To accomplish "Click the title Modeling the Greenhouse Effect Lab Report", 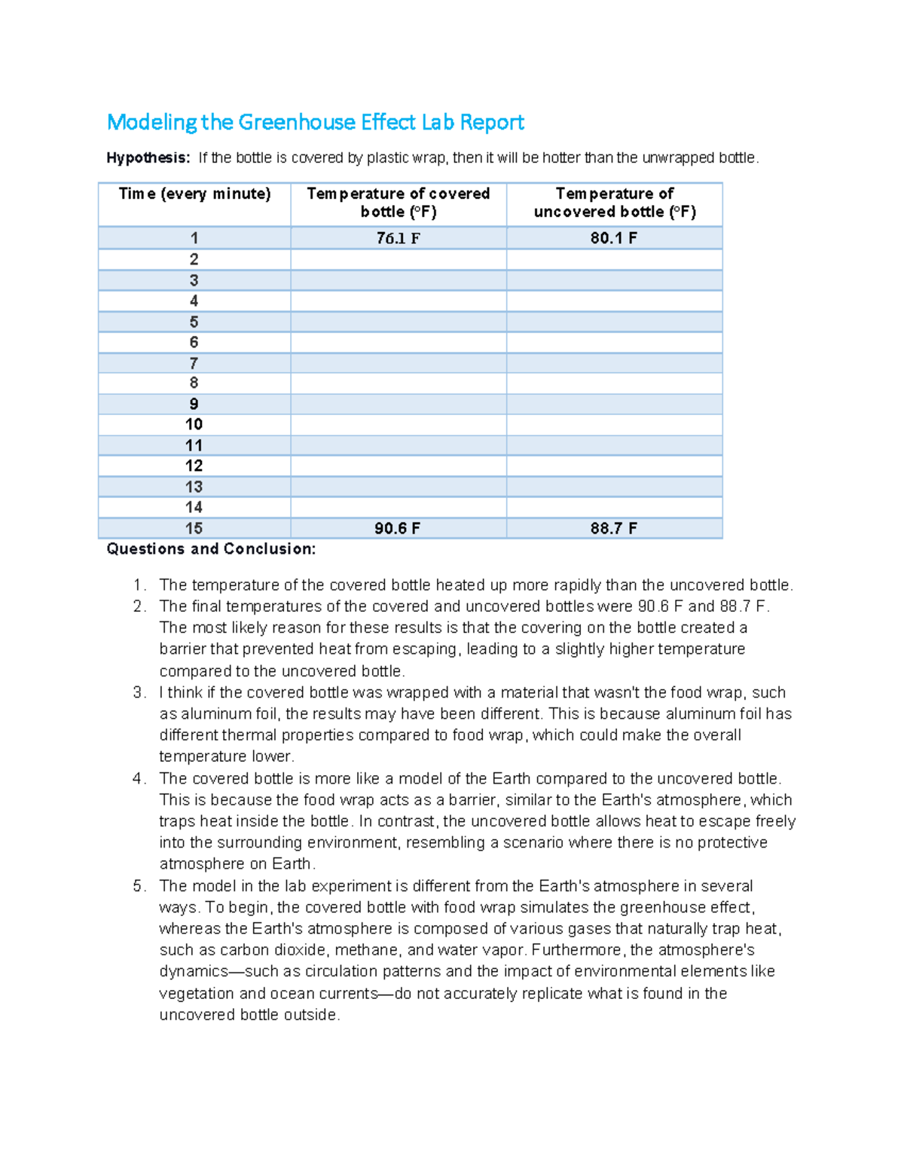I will [315, 122].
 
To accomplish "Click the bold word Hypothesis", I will [148, 158].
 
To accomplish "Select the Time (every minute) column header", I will [194, 194].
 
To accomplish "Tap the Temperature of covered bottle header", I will [398, 203].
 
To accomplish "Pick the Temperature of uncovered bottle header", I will [614, 203].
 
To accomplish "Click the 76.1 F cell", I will [398, 239].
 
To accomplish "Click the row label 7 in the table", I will [194, 363].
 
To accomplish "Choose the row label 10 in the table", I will [194, 425].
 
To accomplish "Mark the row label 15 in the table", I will [194, 529].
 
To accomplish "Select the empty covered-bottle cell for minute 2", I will [398, 260].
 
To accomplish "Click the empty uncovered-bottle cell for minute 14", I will [614, 508].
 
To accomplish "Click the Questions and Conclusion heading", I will [211, 549].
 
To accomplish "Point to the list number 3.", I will [138, 692].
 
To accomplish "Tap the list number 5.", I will [138, 886].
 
